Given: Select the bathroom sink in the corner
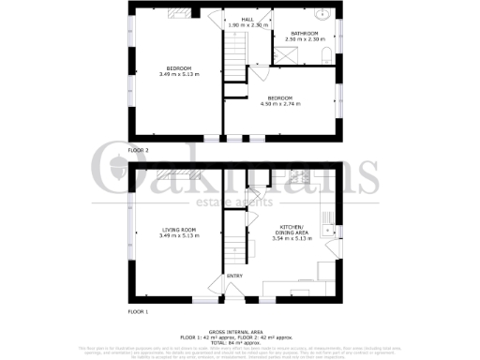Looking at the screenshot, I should coord(322,15).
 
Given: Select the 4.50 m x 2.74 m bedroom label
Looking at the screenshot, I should coord(279,100).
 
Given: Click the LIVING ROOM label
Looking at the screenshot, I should coord(178,232).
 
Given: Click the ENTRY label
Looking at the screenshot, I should coord(234,276).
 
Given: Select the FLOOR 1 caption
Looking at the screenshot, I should coord(140,310).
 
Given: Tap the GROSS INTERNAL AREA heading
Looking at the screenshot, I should coord(240,331).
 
